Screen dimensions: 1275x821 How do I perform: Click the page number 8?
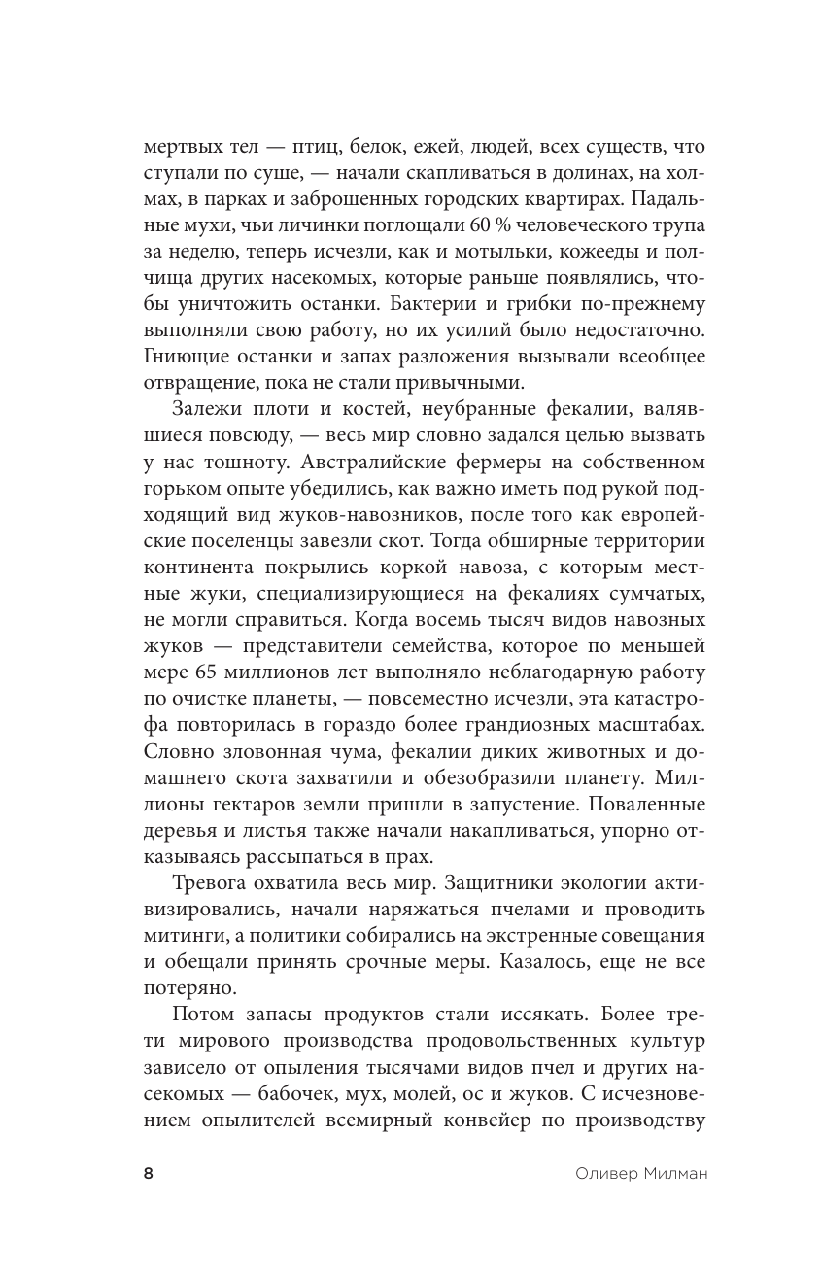[x=148, y=1174]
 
